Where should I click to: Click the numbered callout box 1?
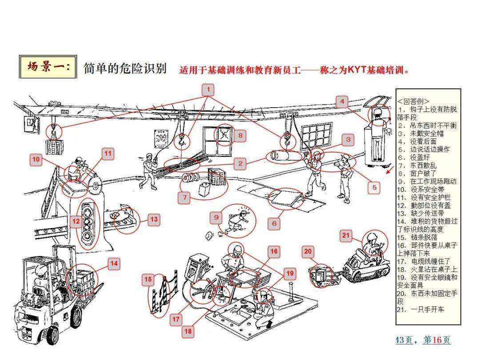(208, 90)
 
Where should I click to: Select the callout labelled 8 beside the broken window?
(240, 135)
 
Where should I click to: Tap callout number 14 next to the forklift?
(114, 264)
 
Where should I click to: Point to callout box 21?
(346, 236)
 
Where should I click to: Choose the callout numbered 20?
(308, 252)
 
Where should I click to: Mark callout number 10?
(36, 159)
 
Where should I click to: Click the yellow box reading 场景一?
(48, 67)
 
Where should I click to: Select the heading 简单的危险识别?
(125, 68)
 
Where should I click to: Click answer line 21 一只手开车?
(420, 309)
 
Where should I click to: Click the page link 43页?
(404, 340)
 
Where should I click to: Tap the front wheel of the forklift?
(53, 335)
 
